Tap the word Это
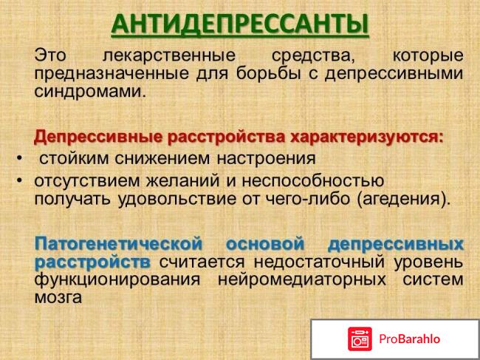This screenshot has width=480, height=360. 50,55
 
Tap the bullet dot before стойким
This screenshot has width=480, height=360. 18,158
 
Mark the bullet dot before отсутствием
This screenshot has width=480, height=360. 18,180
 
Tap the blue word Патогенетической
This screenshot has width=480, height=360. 118,243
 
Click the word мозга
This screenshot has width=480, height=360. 58,297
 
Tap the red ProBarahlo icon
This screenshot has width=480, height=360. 360,339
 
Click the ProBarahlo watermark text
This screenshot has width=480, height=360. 410,339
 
